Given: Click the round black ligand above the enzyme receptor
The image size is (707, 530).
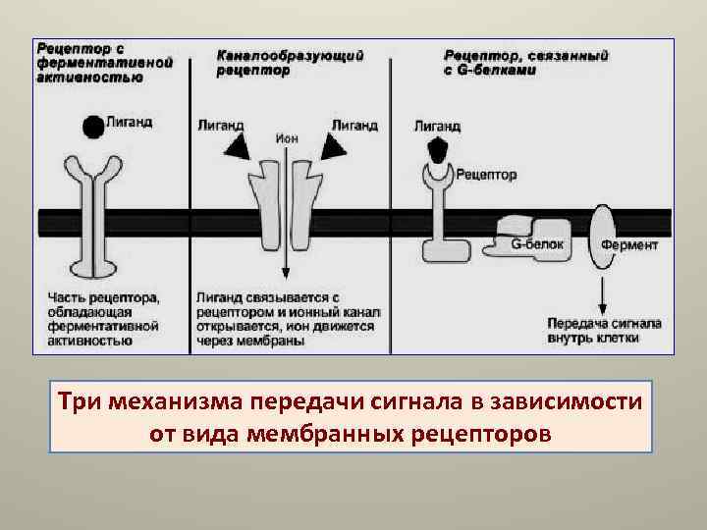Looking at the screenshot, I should pos(93,126).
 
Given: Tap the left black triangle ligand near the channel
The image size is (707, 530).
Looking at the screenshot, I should pos(236,146).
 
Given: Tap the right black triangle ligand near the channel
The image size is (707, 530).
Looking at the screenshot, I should pos(335,146).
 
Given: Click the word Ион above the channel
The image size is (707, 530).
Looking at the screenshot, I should pos(286,138).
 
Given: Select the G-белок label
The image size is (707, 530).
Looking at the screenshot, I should pos(536,244).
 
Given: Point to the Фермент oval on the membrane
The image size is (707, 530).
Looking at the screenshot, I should pos(604,237).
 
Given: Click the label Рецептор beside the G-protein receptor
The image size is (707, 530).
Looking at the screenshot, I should pos(488,175).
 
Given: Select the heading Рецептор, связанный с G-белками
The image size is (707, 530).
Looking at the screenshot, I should pos(525,63).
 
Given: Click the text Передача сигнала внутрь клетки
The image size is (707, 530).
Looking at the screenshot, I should pos(604,330).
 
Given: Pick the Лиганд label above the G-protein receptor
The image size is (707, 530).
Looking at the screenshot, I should pos(437,126).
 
